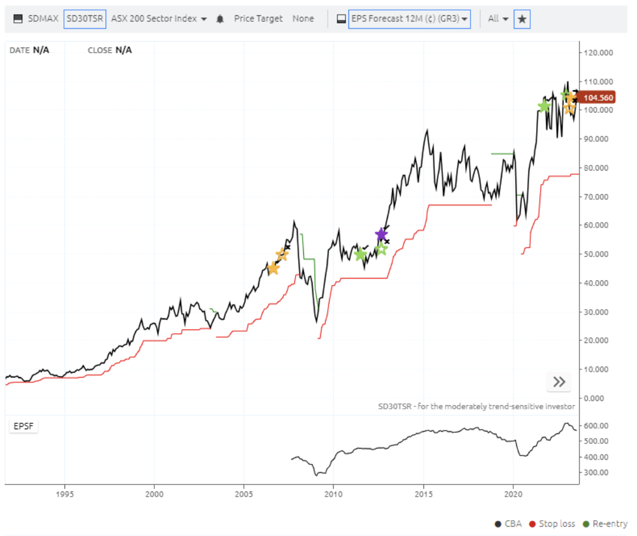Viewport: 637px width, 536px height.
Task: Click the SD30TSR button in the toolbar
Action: click(85, 19)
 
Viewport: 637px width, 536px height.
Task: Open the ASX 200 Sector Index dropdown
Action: click(159, 19)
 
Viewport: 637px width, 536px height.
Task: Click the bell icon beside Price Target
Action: click(220, 19)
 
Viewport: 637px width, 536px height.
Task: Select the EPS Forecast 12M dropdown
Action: click(409, 19)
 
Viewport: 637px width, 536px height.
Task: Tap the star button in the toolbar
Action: click(522, 19)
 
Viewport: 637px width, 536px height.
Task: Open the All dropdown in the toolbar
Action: click(497, 19)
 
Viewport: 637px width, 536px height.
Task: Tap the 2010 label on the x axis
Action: click(333, 494)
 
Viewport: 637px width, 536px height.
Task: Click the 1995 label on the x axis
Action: click(65, 494)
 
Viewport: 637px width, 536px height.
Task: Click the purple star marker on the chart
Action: click(381, 235)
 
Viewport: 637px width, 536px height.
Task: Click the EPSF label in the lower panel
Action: click(23, 426)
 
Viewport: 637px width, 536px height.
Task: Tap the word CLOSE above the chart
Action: click(100, 50)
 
